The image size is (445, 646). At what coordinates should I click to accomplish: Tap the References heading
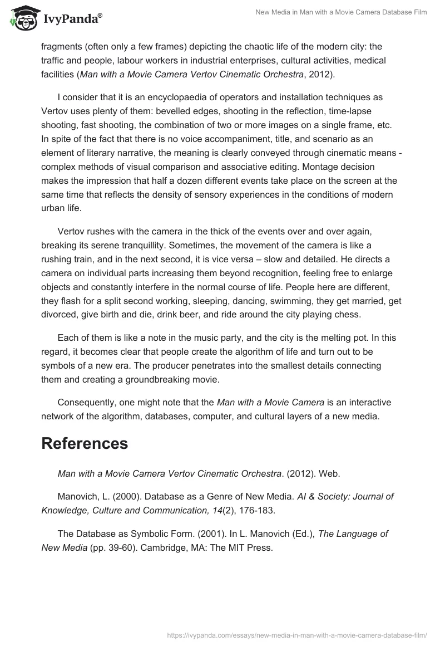[85, 443]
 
